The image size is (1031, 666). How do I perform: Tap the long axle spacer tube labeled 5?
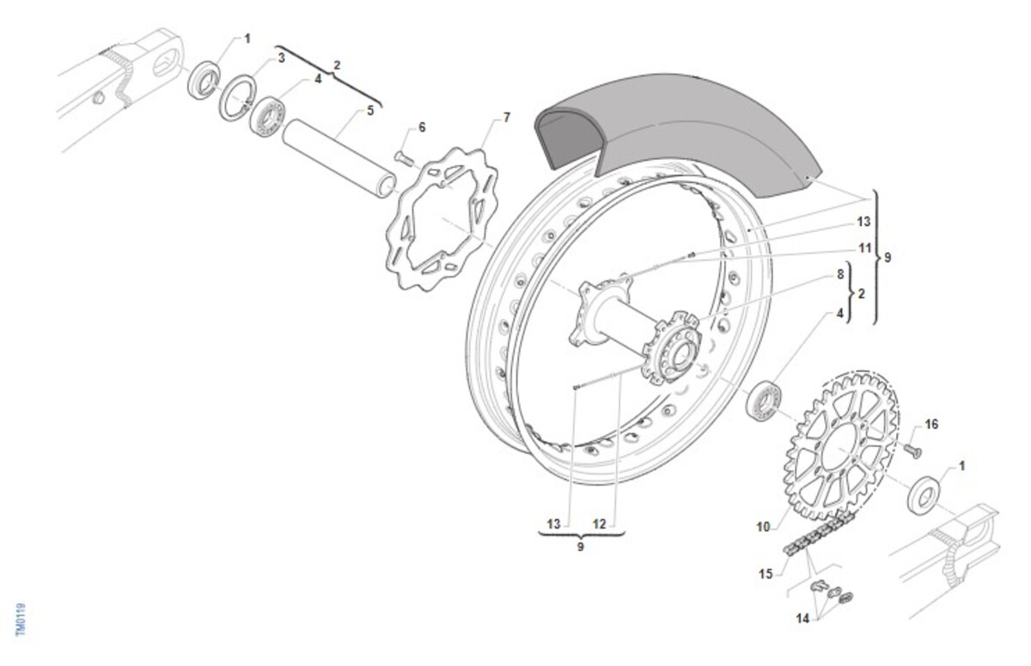[339, 158]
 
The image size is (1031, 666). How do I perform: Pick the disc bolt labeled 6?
[404, 158]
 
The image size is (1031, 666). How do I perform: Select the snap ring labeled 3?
[237, 98]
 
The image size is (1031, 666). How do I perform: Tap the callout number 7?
[506, 118]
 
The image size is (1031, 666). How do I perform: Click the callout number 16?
[931, 425]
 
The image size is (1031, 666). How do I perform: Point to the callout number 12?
[600, 524]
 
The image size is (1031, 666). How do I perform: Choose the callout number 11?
[865, 248]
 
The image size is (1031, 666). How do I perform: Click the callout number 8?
[840, 274]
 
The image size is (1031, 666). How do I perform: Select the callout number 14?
[802, 619]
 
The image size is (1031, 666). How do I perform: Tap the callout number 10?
[763, 527]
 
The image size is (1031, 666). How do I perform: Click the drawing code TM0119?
[21, 620]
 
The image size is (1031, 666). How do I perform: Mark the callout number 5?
[370, 111]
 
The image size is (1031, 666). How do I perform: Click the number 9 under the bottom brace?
[580, 547]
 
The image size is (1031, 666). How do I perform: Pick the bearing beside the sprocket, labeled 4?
[764, 400]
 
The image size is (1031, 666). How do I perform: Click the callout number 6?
[422, 127]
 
